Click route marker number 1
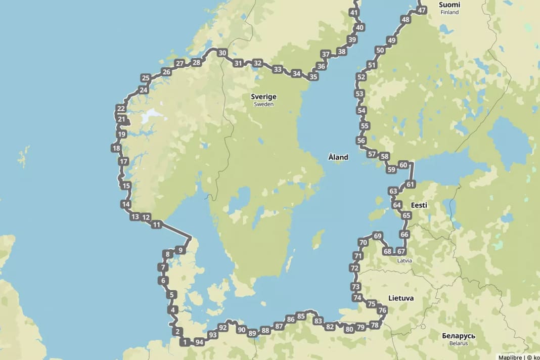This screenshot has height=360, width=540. pyautogui.click(x=185, y=342)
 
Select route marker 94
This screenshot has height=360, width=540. pyautogui.click(x=199, y=342)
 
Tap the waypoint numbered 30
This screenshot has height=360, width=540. pyautogui.click(x=222, y=53)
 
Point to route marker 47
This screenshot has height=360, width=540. pyautogui.click(x=422, y=10)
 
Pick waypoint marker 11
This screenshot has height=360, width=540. pyautogui.click(x=157, y=224)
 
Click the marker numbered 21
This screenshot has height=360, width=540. pyautogui.click(x=121, y=120)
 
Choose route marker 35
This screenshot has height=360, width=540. pyautogui.click(x=313, y=77)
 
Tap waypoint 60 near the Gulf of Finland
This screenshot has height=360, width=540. pyautogui.click(x=403, y=165)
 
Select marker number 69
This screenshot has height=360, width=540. pyautogui.click(x=377, y=236)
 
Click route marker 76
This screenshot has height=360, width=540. pyautogui.click(x=382, y=310)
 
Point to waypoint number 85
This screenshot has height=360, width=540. pyautogui.click(x=301, y=316)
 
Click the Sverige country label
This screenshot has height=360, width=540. pyautogui.click(x=263, y=97)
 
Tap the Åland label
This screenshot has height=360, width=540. pyautogui.click(x=338, y=157)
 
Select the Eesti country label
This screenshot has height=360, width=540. pyautogui.click(x=419, y=205)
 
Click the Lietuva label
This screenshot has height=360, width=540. pyautogui.click(x=401, y=298)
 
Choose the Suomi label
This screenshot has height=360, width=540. pyautogui.click(x=449, y=4)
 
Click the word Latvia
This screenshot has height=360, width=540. pyautogui.click(x=404, y=261)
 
